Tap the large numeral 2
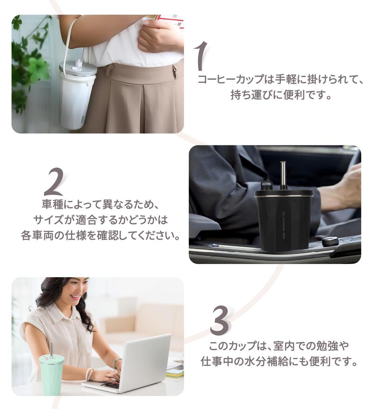tap(54, 182)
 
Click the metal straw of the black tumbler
tap(282, 175)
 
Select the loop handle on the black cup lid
tap(264, 186)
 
